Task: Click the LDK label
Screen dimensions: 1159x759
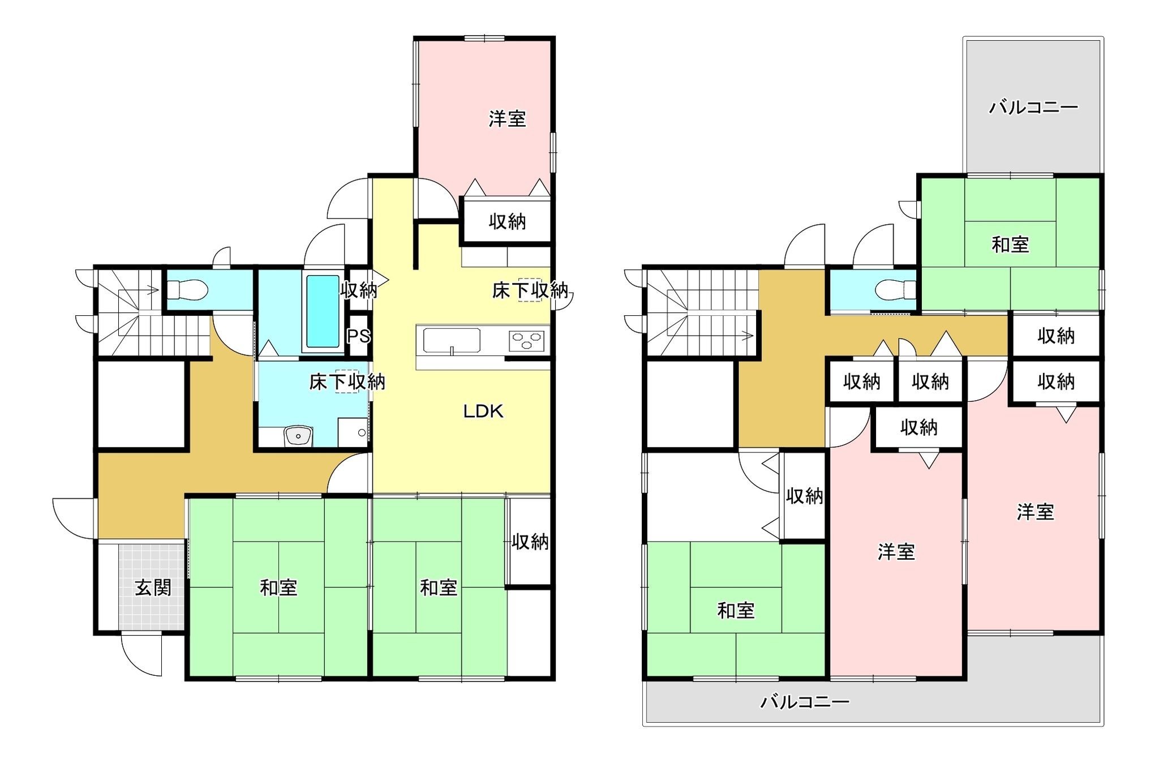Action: point(483,411)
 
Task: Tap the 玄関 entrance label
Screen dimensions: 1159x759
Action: point(153,588)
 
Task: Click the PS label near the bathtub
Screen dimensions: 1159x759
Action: point(358,336)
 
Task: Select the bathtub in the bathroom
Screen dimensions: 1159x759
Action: point(324,311)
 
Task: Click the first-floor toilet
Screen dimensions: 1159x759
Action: point(188,290)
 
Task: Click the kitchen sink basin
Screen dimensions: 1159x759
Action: point(452,340)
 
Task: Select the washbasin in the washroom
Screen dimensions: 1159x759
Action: point(298,436)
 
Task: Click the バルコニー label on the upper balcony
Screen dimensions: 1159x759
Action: point(1033,108)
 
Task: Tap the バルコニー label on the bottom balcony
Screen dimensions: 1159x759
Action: point(805,702)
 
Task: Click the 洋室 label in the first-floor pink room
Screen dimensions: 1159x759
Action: point(508,119)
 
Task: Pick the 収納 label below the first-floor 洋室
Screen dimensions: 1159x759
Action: point(508,222)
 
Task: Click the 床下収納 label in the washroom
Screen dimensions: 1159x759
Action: point(347,382)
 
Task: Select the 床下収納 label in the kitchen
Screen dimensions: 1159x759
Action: point(530,290)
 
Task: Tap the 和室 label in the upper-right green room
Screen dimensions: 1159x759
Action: point(1010,245)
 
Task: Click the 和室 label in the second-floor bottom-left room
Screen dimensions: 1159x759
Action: point(736,610)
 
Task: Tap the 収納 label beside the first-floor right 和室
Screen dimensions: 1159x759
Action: point(530,542)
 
